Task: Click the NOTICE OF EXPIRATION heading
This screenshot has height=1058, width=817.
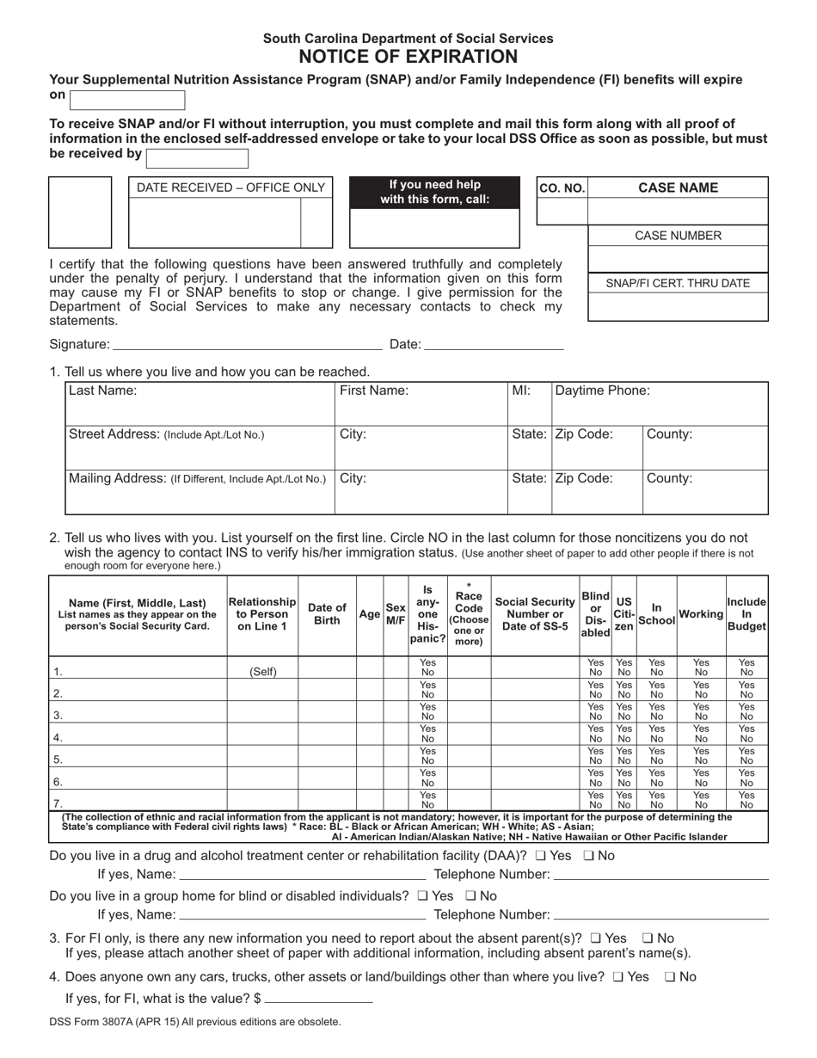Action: pyautogui.click(x=408, y=58)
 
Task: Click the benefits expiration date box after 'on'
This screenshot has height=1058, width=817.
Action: pyautogui.click(x=127, y=100)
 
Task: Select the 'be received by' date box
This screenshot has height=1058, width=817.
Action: pyautogui.click(x=197, y=158)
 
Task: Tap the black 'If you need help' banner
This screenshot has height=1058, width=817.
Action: pyautogui.click(x=434, y=193)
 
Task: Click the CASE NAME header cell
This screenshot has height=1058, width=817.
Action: pyautogui.click(x=678, y=188)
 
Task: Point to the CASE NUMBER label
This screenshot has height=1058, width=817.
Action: pyautogui.click(x=678, y=236)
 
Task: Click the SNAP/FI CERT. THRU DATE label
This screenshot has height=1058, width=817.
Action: pyautogui.click(x=678, y=284)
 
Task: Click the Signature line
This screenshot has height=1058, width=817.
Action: pyautogui.click(x=248, y=345)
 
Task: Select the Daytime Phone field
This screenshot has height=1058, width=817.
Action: pyautogui.click(x=660, y=402)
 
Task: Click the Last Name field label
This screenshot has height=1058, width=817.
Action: pyautogui.click(x=102, y=391)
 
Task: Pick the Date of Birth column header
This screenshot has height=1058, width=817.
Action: pyautogui.click(x=327, y=614)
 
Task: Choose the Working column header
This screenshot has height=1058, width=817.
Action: pyautogui.click(x=701, y=614)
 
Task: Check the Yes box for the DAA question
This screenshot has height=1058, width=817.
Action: pyautogui.click(x=540, y=856)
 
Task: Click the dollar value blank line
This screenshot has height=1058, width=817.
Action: pyautogui.click(x=319, y=999)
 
